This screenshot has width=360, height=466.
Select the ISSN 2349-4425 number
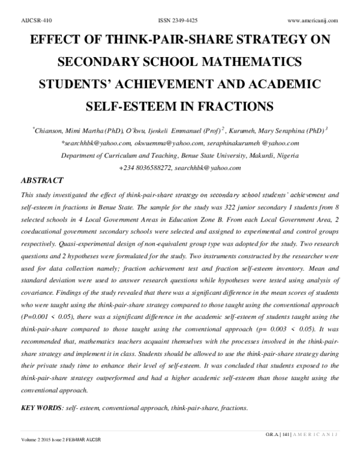(x=181, y=20)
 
